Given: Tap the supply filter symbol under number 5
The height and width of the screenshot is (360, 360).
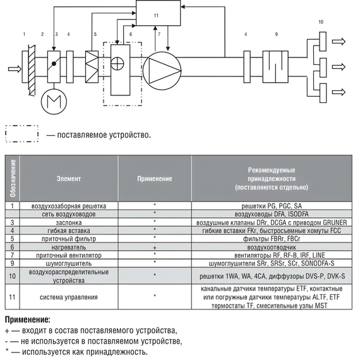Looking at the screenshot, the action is (92, 66).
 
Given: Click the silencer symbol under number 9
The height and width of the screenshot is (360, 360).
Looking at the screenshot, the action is (275, 66).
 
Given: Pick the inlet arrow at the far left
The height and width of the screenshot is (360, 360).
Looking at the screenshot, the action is (15, 69).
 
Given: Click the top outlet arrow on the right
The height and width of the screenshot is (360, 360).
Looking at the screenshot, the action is (339, 42).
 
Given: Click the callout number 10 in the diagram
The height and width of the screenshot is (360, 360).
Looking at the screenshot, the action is (321, 22).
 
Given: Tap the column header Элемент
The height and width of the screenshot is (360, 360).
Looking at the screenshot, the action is (69, 179).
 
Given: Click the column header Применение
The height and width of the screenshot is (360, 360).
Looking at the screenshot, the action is (155, 179).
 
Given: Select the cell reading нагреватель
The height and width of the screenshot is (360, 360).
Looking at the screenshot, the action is (69, 248).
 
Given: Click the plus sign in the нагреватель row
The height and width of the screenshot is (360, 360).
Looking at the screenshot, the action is (155, 248).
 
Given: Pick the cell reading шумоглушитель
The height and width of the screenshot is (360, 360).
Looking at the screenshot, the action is (69, 263).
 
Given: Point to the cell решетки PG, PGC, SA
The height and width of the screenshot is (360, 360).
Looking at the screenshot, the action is (272, 206).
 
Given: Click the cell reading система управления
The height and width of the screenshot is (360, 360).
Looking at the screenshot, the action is (69, 297).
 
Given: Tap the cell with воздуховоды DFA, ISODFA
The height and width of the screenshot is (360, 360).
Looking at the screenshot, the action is (272, 214).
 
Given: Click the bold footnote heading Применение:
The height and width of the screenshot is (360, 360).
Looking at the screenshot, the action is (28, 320).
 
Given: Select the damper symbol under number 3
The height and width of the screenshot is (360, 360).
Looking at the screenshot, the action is (54, 66).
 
